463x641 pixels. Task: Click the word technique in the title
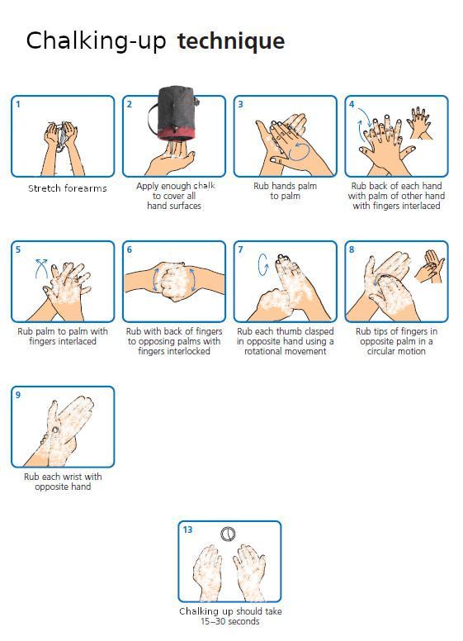(231, 41)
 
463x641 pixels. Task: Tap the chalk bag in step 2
(173, 112)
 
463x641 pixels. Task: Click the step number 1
(17, 104)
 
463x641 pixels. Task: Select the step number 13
(187, 529)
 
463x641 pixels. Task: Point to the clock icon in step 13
(228, 534)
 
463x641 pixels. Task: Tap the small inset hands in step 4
(420, 123)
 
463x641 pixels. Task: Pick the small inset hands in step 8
(429, 267)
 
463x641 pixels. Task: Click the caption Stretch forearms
(68, 188)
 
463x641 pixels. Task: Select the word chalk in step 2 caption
(204, 186)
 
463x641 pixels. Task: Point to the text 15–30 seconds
(230, 621)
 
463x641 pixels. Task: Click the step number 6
(129, 249)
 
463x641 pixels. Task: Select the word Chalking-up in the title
(96, 41)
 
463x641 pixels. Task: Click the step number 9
(17, 395)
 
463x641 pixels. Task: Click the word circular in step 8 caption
(382, 351)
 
